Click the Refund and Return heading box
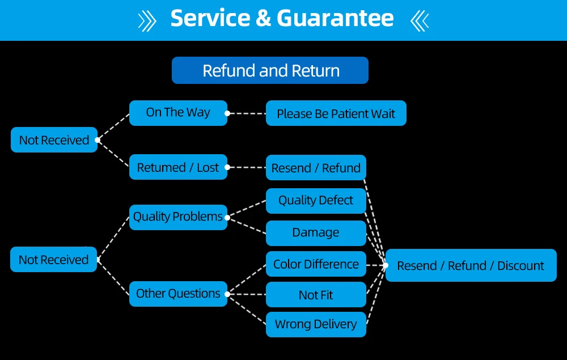click(270, 71)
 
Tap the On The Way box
click(178, 113)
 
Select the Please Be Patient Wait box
click(336, 113)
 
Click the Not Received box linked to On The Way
click(54, 140)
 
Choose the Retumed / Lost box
click(178, 167)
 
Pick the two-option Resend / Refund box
click(316, 168)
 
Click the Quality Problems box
click(178, 217)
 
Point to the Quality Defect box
click(316, 200)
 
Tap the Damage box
click(316, 232)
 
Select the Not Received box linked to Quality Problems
click(54, 260)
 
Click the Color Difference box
click(316, 264)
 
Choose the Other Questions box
click(178, 294)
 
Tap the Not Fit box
click(316, 295)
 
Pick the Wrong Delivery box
click(316, 324)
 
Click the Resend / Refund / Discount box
click(471, 265)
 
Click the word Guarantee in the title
click(335, 18)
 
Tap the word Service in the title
click(210, 18)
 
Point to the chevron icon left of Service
click(147, 20)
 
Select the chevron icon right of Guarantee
click(419, 20)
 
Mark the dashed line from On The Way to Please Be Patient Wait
click(247, 113)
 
